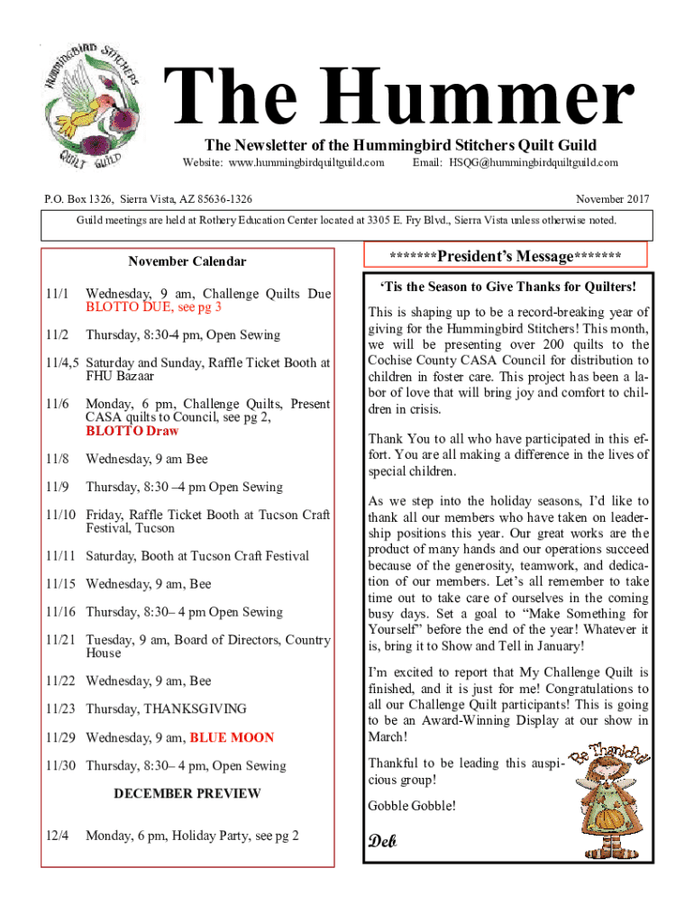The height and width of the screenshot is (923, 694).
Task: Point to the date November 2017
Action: [612, 198]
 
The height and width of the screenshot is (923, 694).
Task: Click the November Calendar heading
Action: [187, 261]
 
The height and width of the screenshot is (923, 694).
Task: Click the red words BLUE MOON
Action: [232, 737]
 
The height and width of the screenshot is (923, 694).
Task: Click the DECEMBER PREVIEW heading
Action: [187, 793]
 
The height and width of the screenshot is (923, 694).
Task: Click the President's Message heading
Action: [505, 257]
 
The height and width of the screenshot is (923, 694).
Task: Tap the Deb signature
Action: [382, 842]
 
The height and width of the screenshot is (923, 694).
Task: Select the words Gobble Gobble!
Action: [412, 805]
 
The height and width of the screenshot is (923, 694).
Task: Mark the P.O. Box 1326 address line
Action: [148, 198]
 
